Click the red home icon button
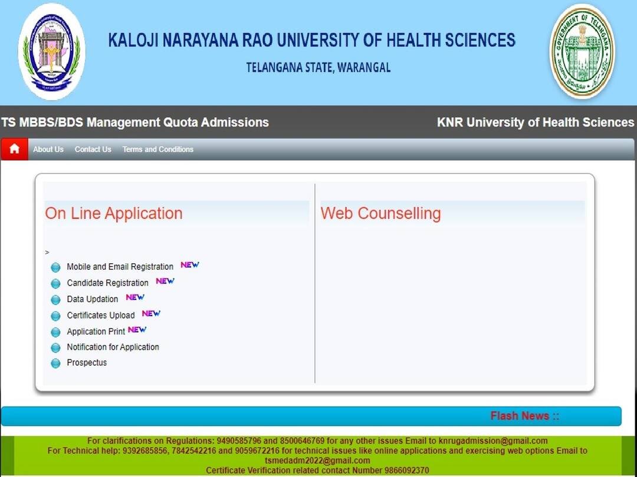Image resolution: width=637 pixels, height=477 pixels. (14, 149)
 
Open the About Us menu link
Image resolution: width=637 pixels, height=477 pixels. (48, 150)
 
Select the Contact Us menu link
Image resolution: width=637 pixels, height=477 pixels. (93, 150)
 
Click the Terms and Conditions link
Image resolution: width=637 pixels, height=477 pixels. (157, 150)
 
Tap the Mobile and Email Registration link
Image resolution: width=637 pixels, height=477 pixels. (120, 267)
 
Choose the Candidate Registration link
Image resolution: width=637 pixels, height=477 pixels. (107, 283)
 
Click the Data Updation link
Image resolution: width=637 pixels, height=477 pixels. (92, 299)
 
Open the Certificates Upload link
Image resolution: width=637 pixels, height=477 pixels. (100, 315)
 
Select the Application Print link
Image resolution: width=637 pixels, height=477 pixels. (96, 332)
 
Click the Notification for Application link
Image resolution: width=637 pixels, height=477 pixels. (113, 347)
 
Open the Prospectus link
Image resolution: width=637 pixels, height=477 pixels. (87, 363)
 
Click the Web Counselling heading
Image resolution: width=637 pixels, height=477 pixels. (380, 213)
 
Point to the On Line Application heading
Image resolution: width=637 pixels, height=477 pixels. (114, 213)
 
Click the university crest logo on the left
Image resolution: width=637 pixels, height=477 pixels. (51, 52)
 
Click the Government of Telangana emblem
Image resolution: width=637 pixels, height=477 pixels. (582, 52)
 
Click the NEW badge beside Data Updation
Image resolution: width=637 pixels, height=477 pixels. (135, 297)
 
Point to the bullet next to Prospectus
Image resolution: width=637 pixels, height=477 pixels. (55, 363)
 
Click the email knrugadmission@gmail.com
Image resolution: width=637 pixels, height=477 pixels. (493, 440)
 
